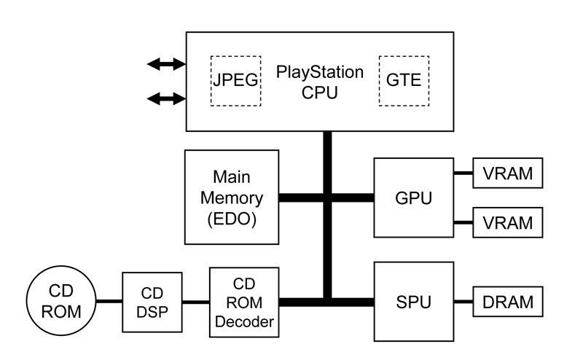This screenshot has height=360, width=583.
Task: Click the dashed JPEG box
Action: [236, 80]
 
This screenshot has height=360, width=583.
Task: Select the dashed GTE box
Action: [404, 80]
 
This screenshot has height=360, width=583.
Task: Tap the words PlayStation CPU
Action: [319, 82]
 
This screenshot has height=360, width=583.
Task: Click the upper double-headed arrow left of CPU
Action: [166, 65]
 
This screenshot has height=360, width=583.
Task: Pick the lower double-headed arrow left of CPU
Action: [166, 97]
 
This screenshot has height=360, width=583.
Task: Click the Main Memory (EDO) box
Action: [232, 197]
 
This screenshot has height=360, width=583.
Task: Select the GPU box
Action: [413, 197]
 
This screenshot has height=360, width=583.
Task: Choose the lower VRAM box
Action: [508, 221]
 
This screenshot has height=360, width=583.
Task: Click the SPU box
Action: [413, 300]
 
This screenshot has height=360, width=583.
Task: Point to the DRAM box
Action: [508, 301]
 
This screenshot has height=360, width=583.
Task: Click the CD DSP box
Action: [151, 301]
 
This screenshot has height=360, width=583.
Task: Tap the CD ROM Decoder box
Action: [243, 302]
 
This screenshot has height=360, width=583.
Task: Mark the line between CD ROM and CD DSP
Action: [109, 301]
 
